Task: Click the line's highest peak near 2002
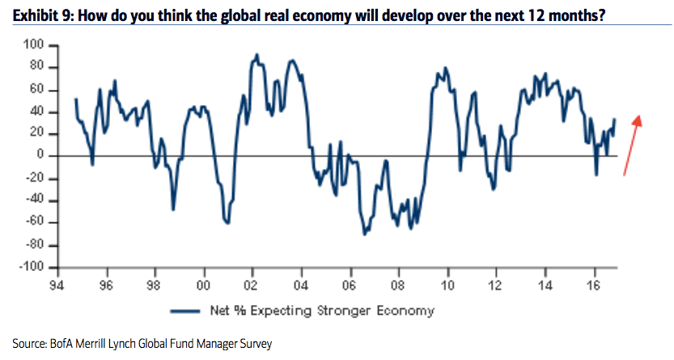point(256,55)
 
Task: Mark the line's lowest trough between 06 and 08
point(364,234)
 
